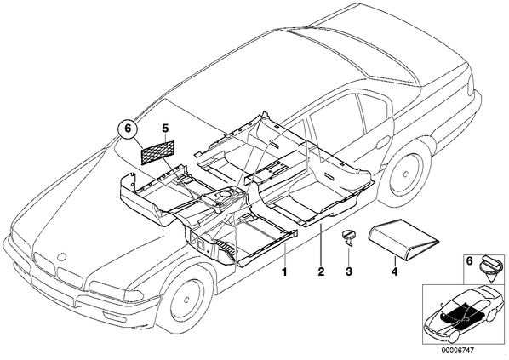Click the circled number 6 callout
(128, 129)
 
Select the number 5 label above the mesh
(166, 129)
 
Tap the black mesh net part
(158, 152)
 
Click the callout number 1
(284, 271)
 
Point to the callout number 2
(321, 271)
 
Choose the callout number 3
(349, 271)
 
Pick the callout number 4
(394, 271)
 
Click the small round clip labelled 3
(348, 236)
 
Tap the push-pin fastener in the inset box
(490, 267)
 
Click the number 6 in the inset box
(470, 261)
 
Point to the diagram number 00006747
(457, 351)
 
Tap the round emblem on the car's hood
(61, 256)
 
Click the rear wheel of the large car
(405, 175)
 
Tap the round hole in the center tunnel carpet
(224, 194)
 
